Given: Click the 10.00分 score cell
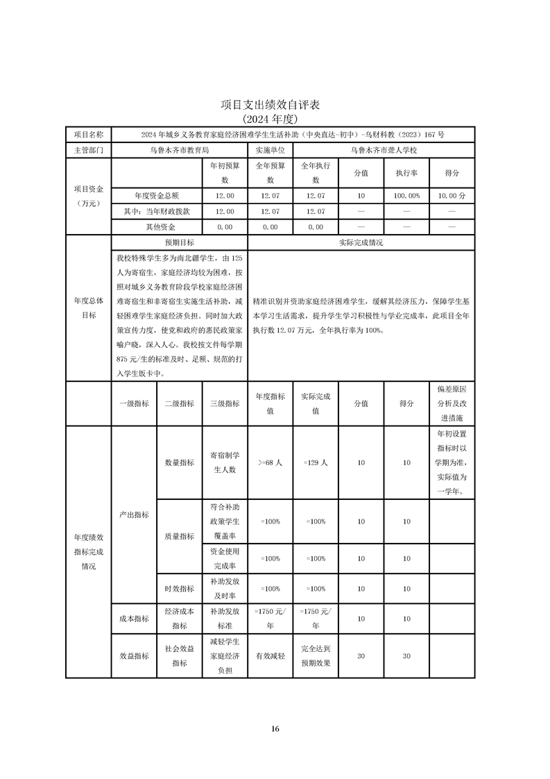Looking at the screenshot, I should click(452, 196).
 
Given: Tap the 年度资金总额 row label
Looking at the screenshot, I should click(157, 196).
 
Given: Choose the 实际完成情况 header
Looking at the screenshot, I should click(361, 243).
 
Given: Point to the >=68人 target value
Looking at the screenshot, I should click(270, 462).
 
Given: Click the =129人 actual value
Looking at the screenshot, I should click(315, 462).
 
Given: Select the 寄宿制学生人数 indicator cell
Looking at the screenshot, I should click(225, 462).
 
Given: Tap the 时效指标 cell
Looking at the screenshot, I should click(179, 589).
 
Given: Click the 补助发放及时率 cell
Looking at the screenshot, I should click(225, 589).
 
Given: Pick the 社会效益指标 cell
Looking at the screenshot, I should click(179, 655).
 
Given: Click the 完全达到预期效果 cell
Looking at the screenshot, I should click(315, 655).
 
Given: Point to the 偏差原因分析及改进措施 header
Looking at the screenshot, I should click(452, 403).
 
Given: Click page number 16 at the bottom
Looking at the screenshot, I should click(275, 729).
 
